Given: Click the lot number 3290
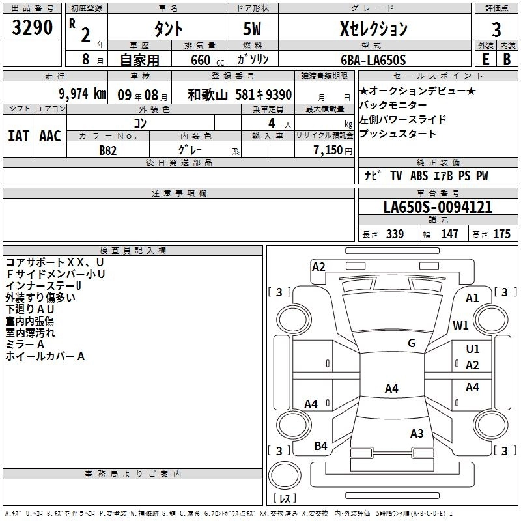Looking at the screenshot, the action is [33, 28].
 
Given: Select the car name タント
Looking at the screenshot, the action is [168, 29].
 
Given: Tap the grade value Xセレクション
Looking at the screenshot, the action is [374, 28].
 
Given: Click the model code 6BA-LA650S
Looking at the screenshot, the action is [374, 60].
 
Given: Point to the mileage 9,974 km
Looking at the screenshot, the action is [82, 93].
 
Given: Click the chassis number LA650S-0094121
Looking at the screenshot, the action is [438, 207].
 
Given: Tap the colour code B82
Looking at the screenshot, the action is [108, 150].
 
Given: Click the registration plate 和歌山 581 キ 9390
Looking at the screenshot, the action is [240, 94].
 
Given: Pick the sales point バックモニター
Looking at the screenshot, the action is [393, 106].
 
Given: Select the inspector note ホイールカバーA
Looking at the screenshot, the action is [46, 356].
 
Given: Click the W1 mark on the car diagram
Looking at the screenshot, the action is [461, 325].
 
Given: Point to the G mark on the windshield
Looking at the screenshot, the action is [412, 343].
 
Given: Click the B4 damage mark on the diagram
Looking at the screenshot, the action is [320, 445].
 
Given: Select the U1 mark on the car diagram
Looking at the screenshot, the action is [473, 349].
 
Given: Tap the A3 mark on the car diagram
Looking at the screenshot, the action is [417, 434].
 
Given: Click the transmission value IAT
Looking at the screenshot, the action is [18, 135].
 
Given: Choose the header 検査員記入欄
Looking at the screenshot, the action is [133, 250].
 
